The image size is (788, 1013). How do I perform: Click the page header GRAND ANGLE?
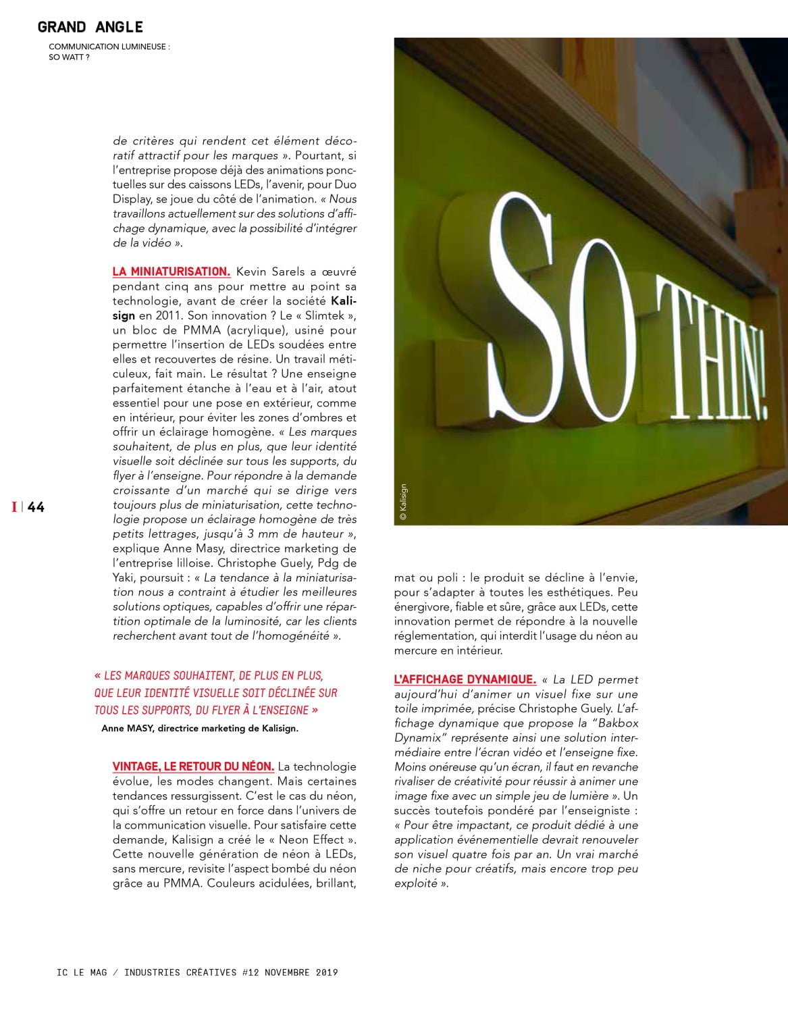90,27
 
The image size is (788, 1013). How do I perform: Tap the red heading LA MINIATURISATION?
172,271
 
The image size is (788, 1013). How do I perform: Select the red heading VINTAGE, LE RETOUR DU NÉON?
193,767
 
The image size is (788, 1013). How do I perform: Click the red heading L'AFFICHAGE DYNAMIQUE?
465,679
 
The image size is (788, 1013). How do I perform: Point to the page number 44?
36,507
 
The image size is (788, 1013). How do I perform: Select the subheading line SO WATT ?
70,57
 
